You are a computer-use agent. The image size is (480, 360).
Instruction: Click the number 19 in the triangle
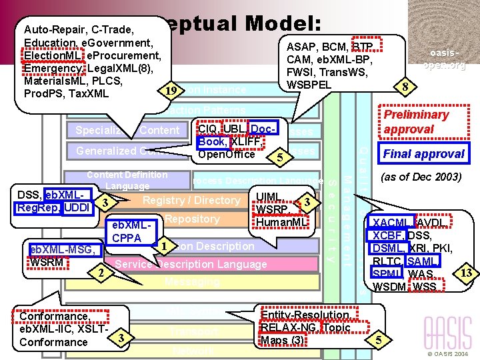[171, 90]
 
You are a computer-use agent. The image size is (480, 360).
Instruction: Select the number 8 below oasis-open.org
[403, 85]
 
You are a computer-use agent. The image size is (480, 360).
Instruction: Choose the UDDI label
[79, 208]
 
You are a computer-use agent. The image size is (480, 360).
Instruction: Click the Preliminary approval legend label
[416, 121]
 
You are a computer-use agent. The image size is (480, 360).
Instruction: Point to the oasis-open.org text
[444, 59]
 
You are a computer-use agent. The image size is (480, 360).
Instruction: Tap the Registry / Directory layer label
[191, 200]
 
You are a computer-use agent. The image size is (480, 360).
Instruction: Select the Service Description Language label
[191, 264]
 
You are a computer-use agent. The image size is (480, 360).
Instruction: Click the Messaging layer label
[191, 282]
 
